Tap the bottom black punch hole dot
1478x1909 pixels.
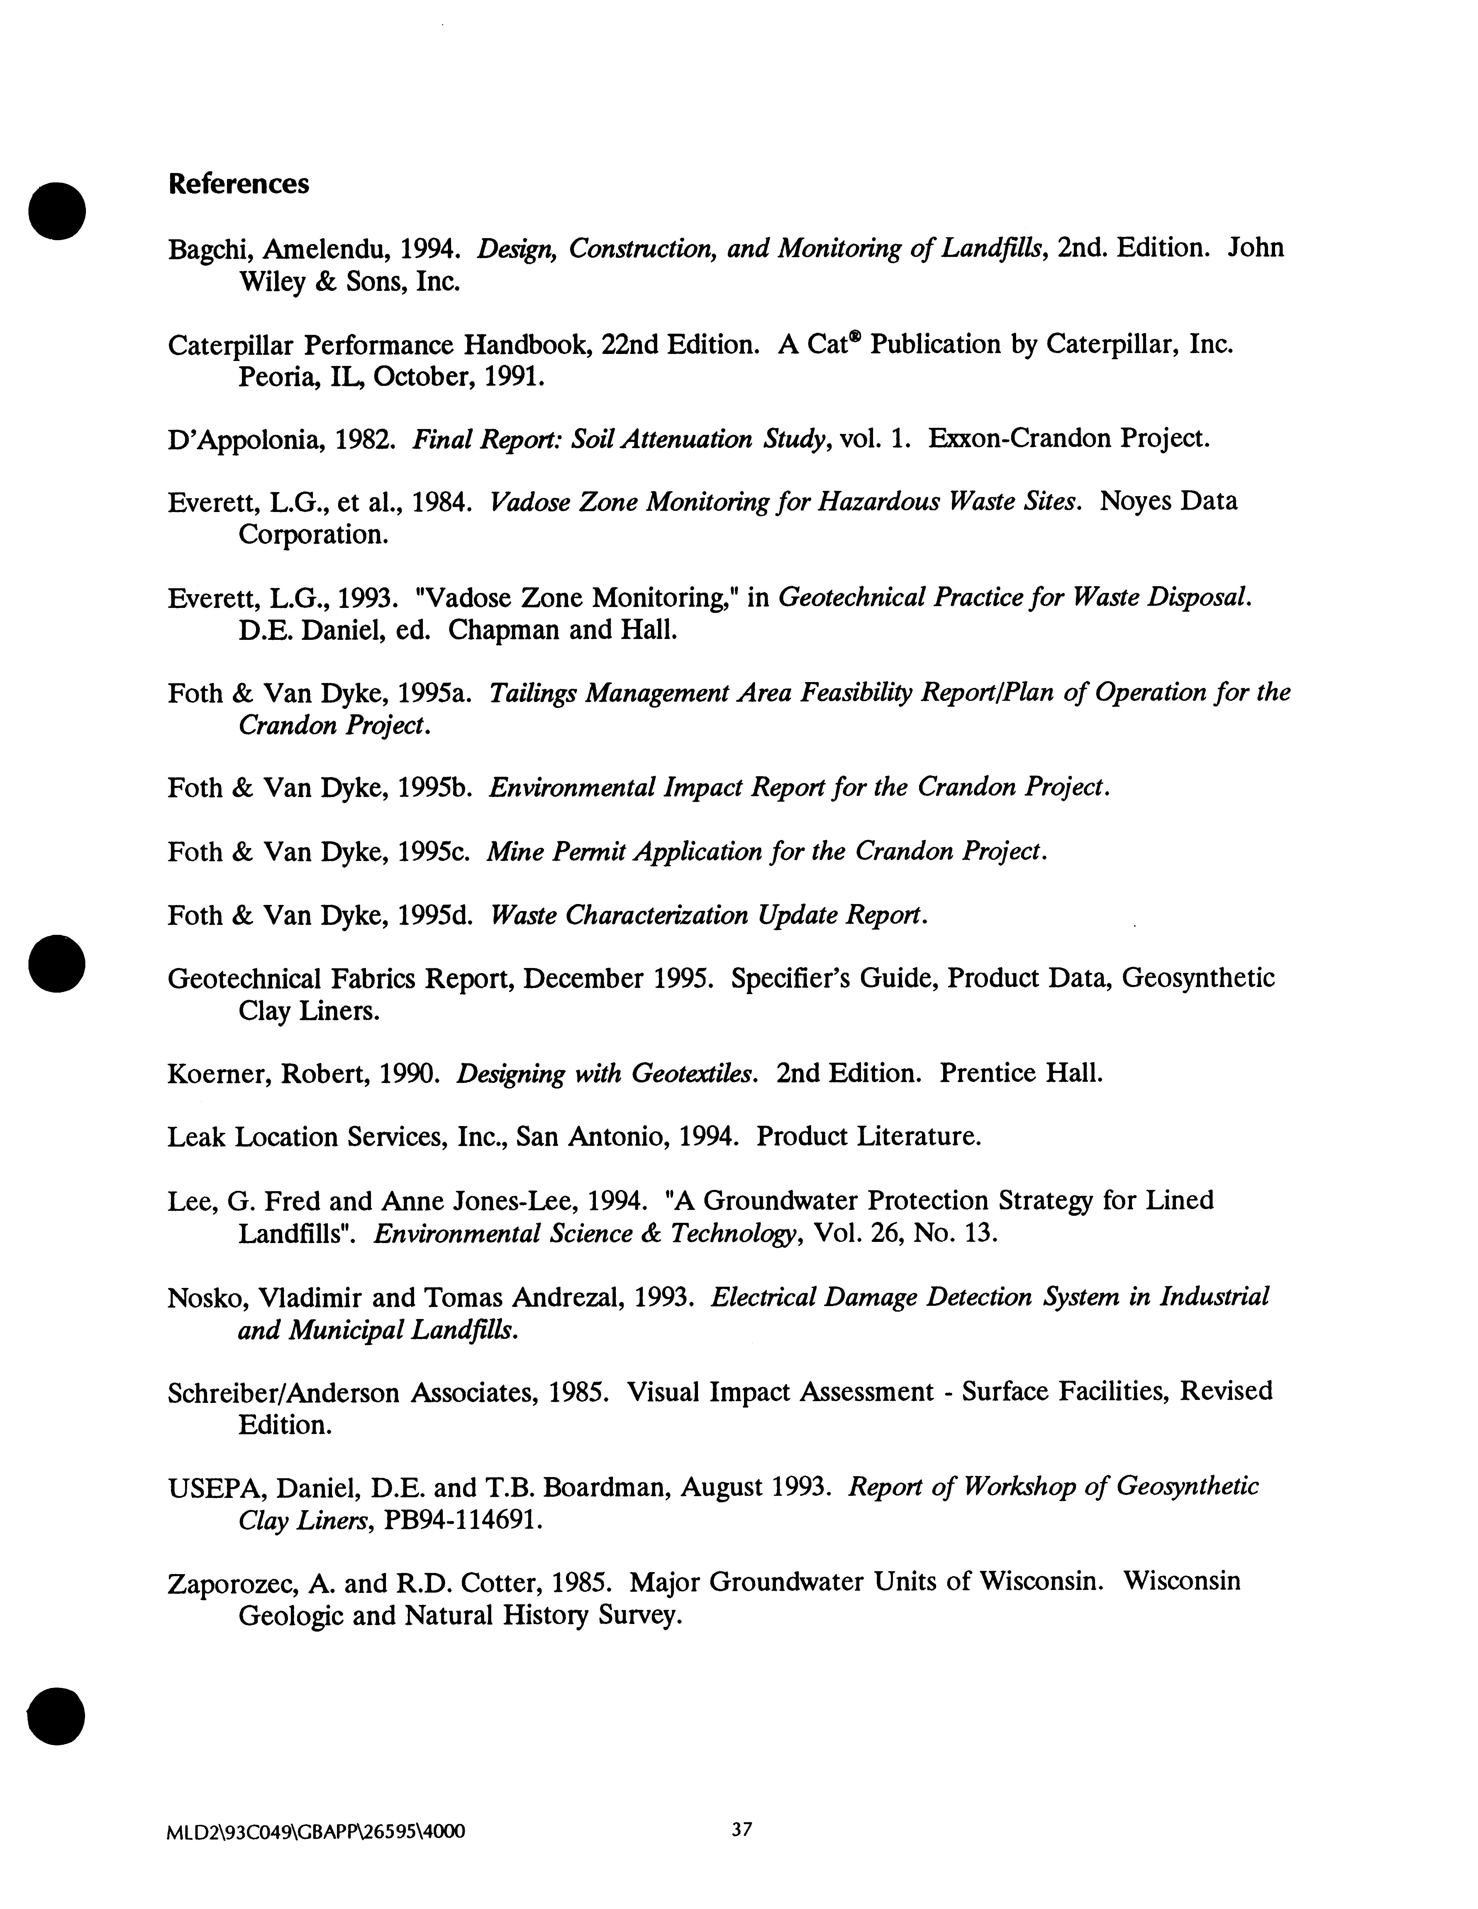(x=57, y=1716)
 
